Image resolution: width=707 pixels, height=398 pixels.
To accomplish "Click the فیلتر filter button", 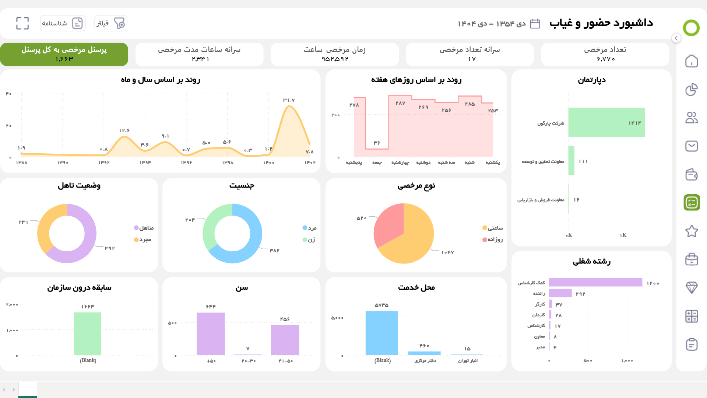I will (x=110, y=23).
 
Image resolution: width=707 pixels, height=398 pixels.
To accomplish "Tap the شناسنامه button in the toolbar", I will (x=63, y=23).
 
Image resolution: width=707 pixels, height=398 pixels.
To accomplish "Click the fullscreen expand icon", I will (x=22, y=23).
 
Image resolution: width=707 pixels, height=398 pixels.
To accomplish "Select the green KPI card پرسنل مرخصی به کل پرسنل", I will (x=64, y=54).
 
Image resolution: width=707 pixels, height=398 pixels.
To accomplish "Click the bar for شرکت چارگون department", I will (x=606, y=122).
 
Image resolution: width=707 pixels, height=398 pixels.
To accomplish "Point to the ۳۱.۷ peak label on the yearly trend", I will (x=289, y=100).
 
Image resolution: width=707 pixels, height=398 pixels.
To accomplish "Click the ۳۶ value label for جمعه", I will (x=377, y=143).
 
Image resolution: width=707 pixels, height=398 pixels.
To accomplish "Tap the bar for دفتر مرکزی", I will (x=424, y=353).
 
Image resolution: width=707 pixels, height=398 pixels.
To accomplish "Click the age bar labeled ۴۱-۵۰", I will (x=285, y=340).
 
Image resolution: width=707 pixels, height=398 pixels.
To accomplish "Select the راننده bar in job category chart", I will (x=560, y=293).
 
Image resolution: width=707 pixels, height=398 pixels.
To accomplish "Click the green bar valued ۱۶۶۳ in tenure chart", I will (x=87, y=334).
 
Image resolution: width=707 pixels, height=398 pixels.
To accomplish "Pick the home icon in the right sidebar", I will (x=692, y=61).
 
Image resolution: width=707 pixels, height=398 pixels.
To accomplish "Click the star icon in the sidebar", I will (x=692, y=231).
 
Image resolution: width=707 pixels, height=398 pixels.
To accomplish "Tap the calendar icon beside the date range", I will (x=535, y=24).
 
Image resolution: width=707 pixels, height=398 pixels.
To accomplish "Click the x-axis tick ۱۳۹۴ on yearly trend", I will (x=145, y=163).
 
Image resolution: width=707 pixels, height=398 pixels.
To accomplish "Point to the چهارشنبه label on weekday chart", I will (x=400, y=163).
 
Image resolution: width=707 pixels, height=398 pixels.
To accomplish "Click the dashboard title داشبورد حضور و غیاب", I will (x=601, y=23).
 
